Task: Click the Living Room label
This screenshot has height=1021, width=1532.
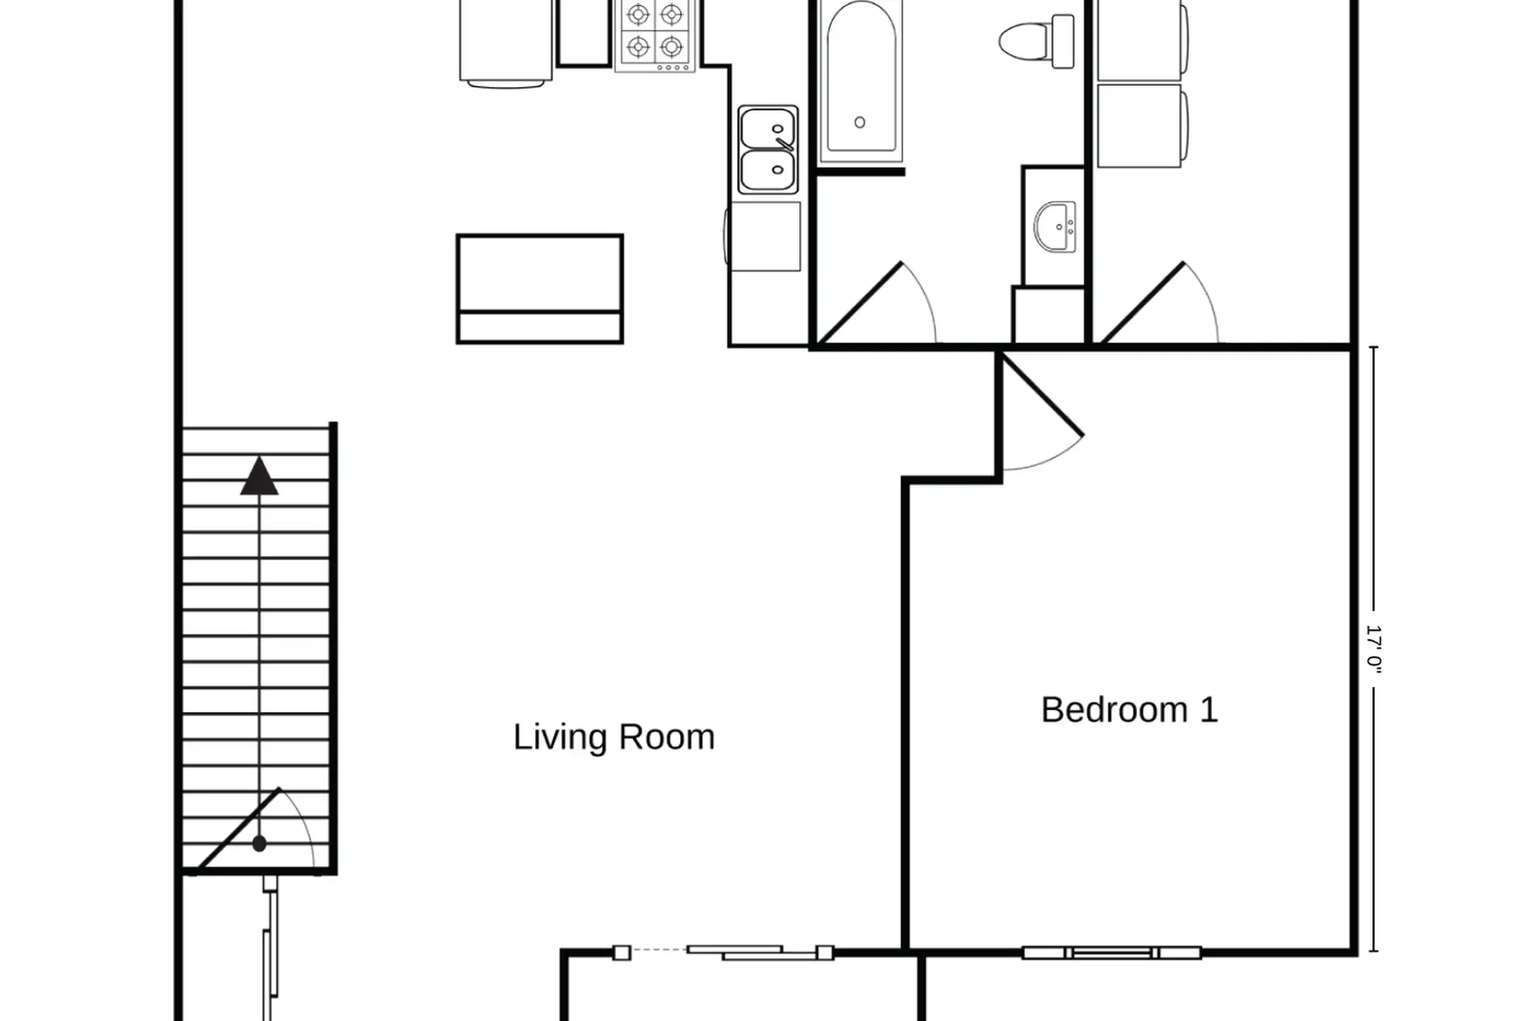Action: coord(614,737)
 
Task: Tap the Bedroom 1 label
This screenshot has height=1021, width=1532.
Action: coord(1129,710)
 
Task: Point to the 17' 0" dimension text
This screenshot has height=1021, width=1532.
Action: coord(1374,649)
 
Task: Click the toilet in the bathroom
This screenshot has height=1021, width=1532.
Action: coord(1036,41)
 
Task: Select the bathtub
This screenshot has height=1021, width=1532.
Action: coord(860,82)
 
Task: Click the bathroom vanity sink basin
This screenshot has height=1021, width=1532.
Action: coord(1055,227)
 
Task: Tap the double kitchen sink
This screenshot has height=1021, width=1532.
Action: coord(767,150)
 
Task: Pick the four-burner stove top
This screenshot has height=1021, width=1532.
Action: coord(655,35)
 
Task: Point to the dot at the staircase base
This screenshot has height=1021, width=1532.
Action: coord(259,844)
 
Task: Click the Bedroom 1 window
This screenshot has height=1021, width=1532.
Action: coord(1111,953)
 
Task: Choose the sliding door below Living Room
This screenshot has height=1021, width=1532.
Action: coord(723,952)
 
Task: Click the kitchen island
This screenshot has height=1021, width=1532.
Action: coord(540,289)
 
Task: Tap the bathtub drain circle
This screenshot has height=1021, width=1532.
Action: coord(860,123)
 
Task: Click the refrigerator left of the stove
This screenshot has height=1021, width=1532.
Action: coord(506,43)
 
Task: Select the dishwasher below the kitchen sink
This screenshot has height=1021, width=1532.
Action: coord(763,236)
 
